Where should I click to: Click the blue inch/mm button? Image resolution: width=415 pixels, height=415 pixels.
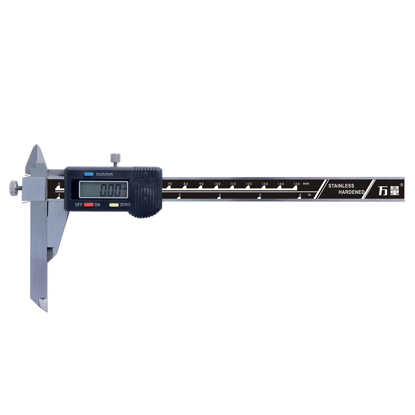pyautogui.click(x=89, y=174)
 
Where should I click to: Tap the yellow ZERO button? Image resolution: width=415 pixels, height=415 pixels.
pyautogui.click(x=114, y=205)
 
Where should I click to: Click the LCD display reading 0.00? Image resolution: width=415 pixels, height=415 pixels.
pyautogui.click(x=104, y=190)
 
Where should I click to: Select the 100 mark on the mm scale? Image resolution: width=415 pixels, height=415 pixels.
pyautogui.click(x=217, y=184)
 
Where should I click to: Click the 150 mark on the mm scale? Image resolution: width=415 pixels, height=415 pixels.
pyautogui.click(x=297, y=184)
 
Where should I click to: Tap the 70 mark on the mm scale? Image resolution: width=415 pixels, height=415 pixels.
pyautogui.click(x=170, y=184)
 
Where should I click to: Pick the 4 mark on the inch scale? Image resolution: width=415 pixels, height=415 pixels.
pyautogui.click(x=220, y=195)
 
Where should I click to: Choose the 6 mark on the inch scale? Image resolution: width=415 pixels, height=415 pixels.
pyautogui.click(x=300, y=195)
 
